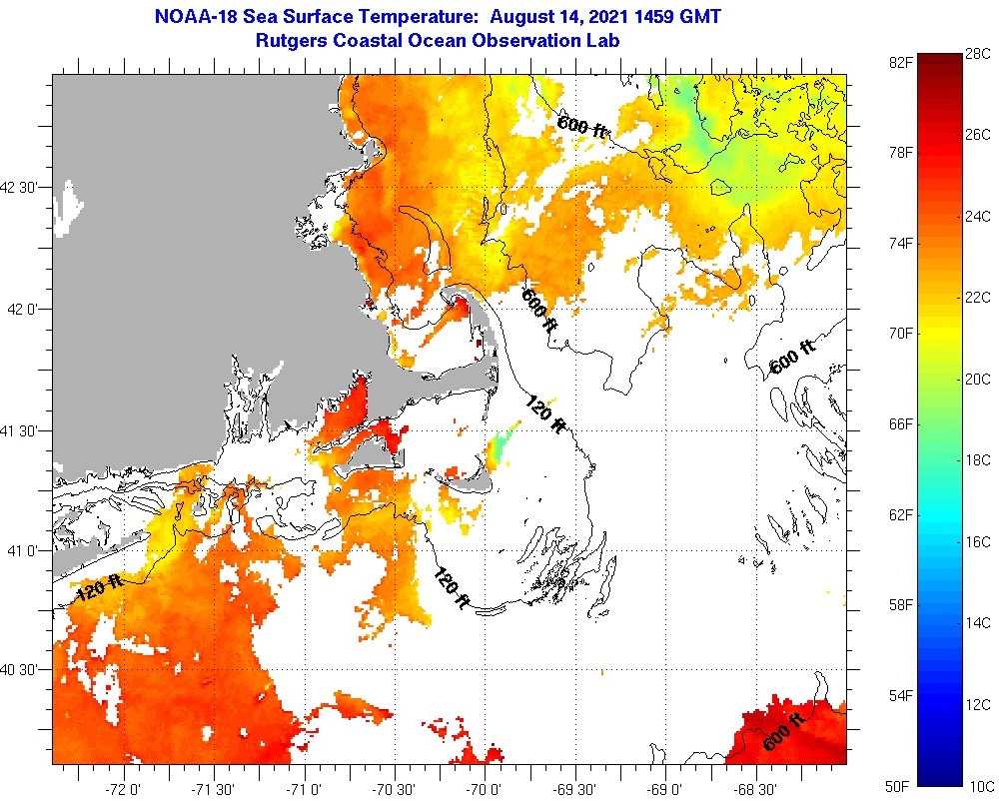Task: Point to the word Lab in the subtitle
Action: coord(603,41)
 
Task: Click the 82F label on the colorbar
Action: coord(901,62)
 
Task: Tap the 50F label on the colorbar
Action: coord(901,785)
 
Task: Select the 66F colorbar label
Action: coord(901,424)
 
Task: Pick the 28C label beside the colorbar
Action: coord(977,53)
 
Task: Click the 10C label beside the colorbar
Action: coord(977,786)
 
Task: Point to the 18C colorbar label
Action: coord(977,460)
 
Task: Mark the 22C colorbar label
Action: coord(977,298)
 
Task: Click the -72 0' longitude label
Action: coord(125,785)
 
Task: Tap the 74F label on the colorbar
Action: coord(901,243)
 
